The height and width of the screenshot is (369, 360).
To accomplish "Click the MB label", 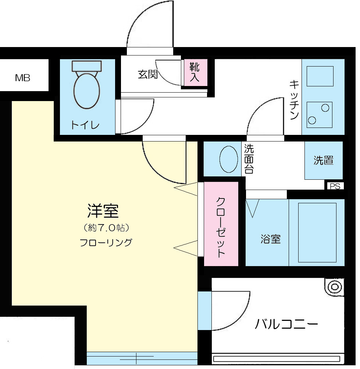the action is pos(22,78).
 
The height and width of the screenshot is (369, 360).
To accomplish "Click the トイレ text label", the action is pos(85,125).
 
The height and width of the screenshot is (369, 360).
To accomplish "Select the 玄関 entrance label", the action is pos(147,74).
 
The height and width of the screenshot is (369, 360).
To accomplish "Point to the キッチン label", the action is pos(294,100).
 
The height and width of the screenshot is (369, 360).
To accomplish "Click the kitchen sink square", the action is pos(320,76).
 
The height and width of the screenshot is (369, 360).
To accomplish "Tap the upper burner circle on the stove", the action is pos(325,108).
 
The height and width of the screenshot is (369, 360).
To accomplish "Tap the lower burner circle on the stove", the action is pos(312,120).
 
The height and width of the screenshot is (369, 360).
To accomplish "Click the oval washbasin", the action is pos(229,159).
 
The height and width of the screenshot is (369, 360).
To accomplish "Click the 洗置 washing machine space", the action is pos(324,160).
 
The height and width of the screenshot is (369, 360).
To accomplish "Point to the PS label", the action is pos(335,186).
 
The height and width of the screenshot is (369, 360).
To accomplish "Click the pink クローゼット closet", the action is pos(221,224).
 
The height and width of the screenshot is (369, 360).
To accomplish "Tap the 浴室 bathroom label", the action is pos(271,239).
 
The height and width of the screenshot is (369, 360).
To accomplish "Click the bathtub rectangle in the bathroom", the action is pos(317,233).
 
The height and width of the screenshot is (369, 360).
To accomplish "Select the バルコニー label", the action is pos(286,324).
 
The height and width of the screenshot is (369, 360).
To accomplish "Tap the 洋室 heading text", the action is pos(103,211).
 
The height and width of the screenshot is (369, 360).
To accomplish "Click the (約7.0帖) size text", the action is pos(106,228).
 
